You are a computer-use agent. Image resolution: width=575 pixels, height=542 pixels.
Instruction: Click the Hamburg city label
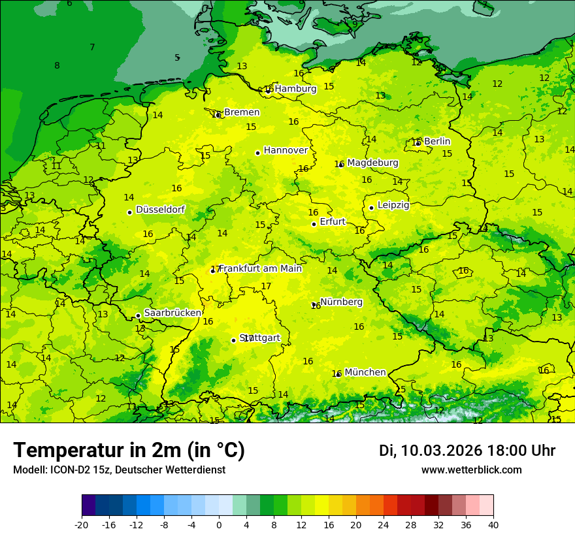point(295,89)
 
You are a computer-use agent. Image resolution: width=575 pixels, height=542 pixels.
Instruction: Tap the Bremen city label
point(241,112)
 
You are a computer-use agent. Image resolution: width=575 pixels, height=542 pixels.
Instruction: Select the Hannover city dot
point(258,153)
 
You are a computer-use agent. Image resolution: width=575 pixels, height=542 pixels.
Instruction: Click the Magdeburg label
point(372,163)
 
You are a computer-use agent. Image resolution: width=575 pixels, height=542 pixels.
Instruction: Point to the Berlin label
point(437,142)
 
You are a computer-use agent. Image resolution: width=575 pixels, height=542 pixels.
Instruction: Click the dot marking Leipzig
point(371,208)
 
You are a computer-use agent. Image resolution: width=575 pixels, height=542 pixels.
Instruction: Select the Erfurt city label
point(333,222)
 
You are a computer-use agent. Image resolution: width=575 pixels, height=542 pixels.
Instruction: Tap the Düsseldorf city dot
point(129,212)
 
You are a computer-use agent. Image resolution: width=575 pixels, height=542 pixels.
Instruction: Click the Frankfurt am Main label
point(260,268)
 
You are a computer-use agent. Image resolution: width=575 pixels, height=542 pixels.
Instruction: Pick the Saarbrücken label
point(172,313)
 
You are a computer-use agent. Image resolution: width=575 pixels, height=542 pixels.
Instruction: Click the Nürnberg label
point(341,302)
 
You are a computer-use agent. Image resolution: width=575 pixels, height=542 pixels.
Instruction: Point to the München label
point(365,372)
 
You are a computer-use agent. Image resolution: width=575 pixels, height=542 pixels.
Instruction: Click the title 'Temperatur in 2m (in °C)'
point(129,451)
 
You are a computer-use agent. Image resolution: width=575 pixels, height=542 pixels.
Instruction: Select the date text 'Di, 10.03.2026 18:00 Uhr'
point(467,451)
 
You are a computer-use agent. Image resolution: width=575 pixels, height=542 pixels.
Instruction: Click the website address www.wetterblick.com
point(471,470)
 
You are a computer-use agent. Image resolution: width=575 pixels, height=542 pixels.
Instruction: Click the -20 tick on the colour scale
point(82,525)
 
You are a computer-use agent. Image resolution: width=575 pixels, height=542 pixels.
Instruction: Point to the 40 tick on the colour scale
point(493,525)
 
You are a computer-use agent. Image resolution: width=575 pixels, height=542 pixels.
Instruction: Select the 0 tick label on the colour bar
point(219,525)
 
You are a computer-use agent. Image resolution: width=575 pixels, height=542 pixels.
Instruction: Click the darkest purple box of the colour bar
point(88,505)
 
